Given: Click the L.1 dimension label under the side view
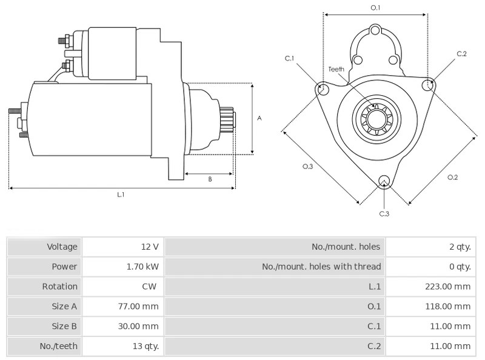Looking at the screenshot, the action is [x=121, y=195].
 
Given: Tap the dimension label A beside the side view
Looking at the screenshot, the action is [x=259, y=118].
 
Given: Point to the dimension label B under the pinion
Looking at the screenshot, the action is [x=210, y=179].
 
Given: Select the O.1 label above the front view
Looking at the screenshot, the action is [x=375, y=8].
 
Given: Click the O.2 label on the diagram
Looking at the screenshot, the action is [x=452, y=177].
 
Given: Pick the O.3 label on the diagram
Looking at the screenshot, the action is [x=307, y=167].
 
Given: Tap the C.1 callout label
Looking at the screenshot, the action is [x=289, y=58].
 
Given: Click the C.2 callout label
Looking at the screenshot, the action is [x=461, y=54].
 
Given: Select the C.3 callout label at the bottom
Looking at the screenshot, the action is [x=384, y=214].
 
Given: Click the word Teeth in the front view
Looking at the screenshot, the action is [x=336, y=69].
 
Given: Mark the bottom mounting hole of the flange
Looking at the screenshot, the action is [x=384, y=181].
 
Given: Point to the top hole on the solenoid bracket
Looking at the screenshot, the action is [x=375, y=31].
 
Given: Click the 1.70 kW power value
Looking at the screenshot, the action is [x=142, y=267].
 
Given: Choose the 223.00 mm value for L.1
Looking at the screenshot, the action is [x=447, y=287].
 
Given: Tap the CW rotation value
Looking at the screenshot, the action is [x=149, y=287].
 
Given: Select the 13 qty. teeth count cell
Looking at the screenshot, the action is [x=145, y=346].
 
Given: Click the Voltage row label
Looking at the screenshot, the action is [x=62, y=247].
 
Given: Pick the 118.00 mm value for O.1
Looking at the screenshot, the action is [x=447, y=306].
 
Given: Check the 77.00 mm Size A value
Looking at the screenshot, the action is [x=138, y=306].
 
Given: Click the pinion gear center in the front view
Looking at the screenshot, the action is [x=376, y=119].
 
